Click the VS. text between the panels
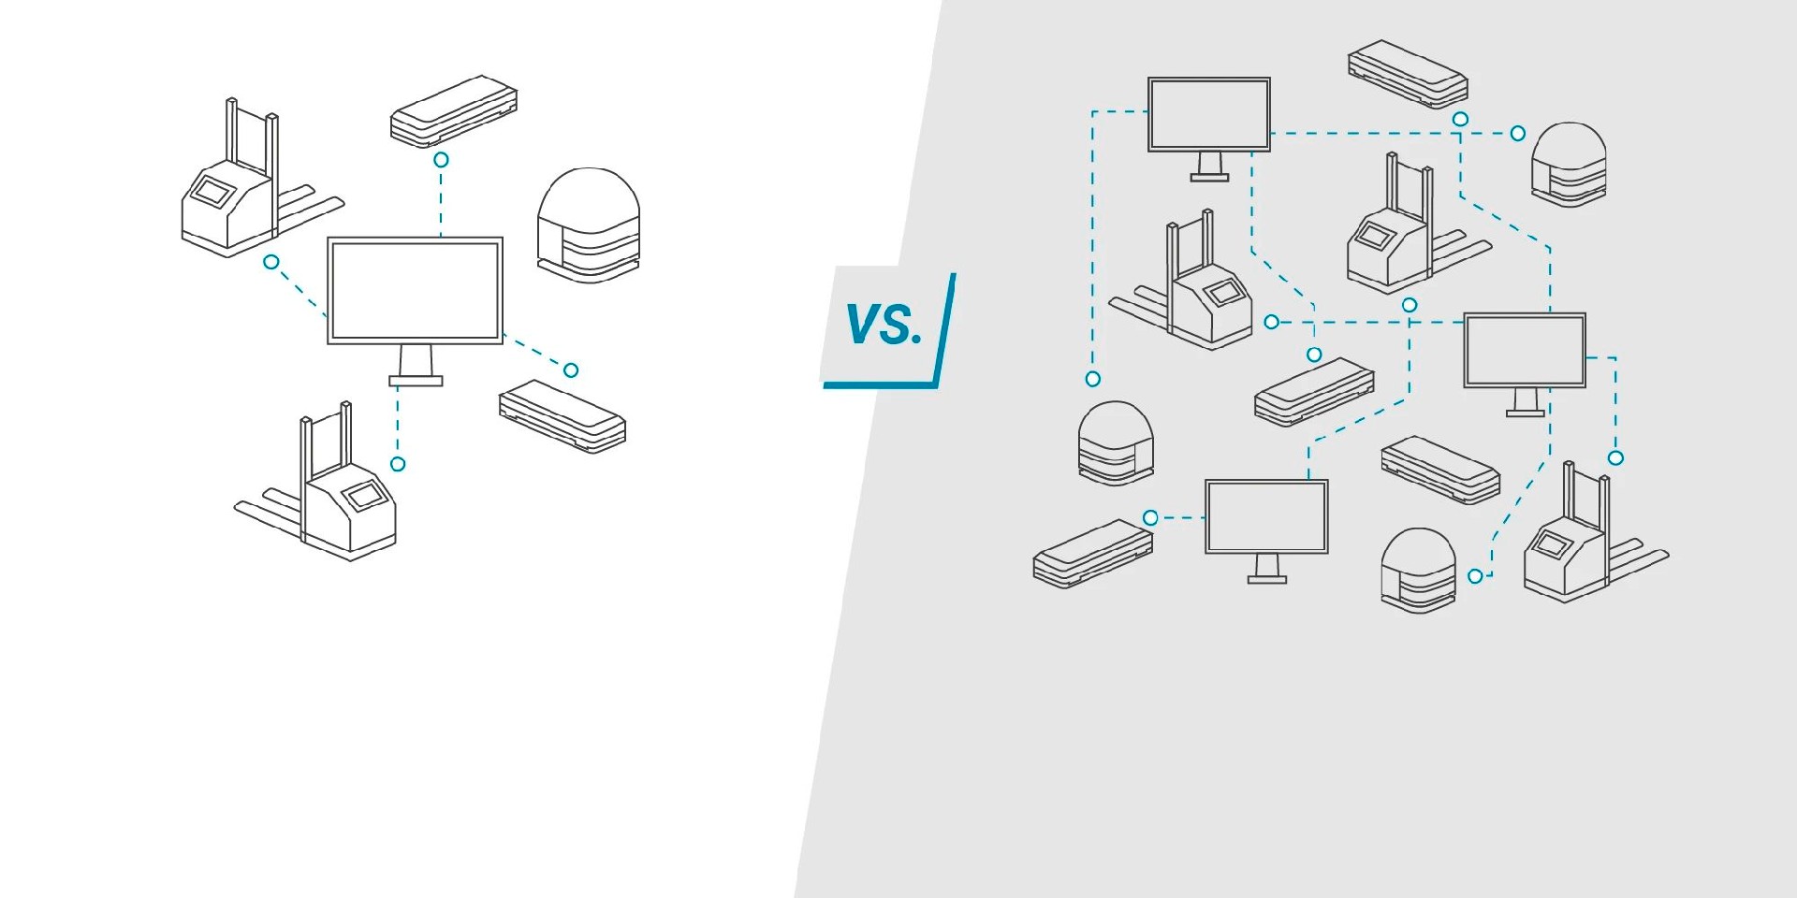(x=884, y=325)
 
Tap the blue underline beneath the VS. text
(x=880, y=384)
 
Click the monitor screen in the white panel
(x=415, y=290)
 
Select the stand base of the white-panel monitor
(x=416, y=381)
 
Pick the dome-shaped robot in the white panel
(x=589, y=225)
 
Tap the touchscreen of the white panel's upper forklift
(x=212, y=192)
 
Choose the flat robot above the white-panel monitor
(x=454, y=111)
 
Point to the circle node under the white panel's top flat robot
(x=441, y=160)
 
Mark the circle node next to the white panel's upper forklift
(x=271, y=262)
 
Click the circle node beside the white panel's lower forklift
(x=398, y=464)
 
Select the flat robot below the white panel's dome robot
(x=562, y=416)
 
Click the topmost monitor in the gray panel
(x=1209, y=114)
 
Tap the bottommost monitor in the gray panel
(x=1266, y=516)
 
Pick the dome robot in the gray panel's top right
(x=1569, y=165)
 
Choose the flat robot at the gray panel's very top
(x=1408, y=74)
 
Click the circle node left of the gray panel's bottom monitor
(x=1151, y=517)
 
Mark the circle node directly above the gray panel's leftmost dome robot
(x=1092, y=379)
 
